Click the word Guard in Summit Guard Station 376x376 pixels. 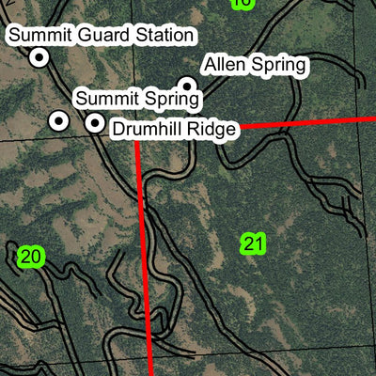click(x=101, y=36)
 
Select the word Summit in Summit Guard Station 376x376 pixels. click(x=40, y=36)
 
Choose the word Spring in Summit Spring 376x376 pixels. click(x=172, y=98)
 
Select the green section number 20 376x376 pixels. click(x=31, y=256)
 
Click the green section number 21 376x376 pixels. click(x=253, y=244)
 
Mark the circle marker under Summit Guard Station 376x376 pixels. click(x=39, y=58)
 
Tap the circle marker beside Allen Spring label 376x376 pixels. click(x=186, y=86)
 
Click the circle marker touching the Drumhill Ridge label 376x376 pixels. click(x=95, y=122)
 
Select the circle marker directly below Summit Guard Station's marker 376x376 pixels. click(x=58, y=121)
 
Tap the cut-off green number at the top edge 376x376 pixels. click(x=242, y=3)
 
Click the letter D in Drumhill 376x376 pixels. click(x=119, y=129)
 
